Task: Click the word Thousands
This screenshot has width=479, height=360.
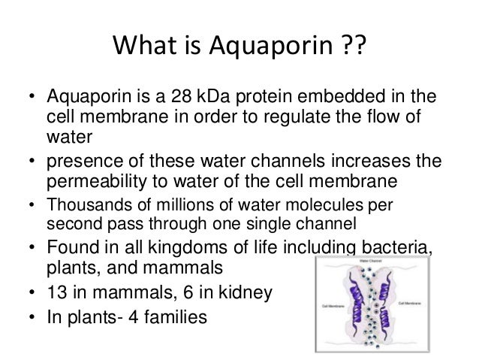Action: pos(83,206)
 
